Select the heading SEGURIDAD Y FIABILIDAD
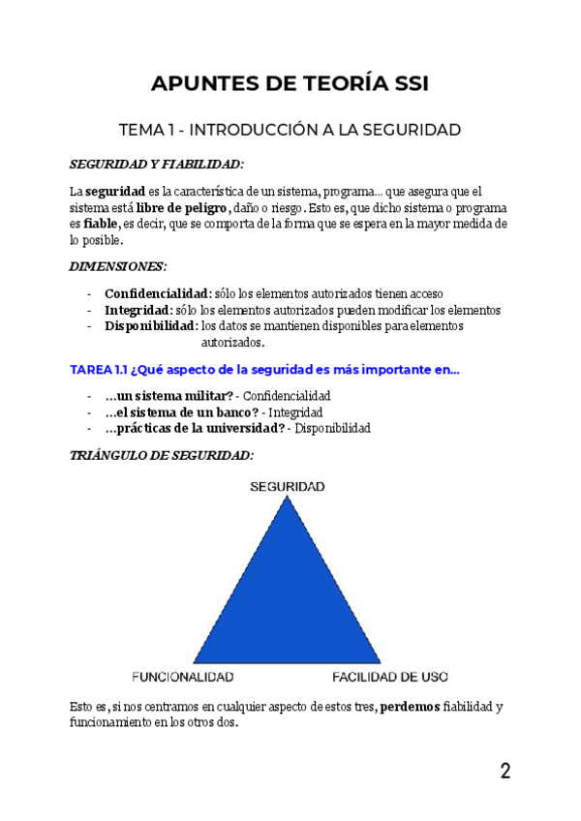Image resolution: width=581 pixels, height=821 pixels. (x=157, y=165)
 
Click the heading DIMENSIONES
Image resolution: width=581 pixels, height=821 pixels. (x=118, y=266)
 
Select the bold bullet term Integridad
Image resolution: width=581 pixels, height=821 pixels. (x=138, y=310)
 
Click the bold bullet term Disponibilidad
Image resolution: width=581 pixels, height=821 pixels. (x=151, y=326)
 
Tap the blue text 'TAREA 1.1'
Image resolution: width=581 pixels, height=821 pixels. (x=98, y=370)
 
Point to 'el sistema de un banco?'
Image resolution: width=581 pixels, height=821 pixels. (x=181, y=412)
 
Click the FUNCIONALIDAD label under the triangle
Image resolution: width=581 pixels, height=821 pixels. (x=182, y=676)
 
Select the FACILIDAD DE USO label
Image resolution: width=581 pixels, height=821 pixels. (x=390, y=676)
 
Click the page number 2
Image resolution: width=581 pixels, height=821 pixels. (x=505, y=772)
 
